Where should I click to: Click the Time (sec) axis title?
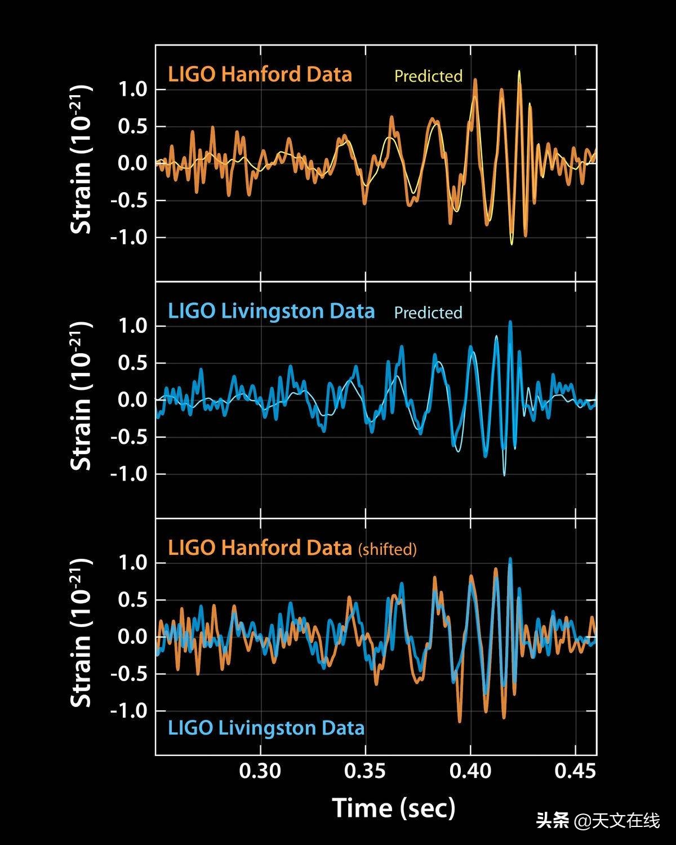pyautogui.click(x=394, y=808)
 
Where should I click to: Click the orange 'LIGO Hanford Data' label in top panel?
pyautogui.click(x=260, y=74)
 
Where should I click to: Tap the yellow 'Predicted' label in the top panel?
pyautogui.click(x=428, y=76)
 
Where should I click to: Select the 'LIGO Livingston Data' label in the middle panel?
pyautogui.click(x=271, y=311)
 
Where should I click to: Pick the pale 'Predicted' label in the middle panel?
pyautogui.click(x=428, y=313)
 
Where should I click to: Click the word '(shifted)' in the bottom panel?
pyautogui.click(x=388, y=549)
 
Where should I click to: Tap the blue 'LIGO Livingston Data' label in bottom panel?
pyautogui.click(x=266, y=728)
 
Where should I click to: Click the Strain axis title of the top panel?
pyautogui.click(x=81, y=159)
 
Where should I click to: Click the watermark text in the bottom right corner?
pyautogui.click(x=598, y=821)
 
